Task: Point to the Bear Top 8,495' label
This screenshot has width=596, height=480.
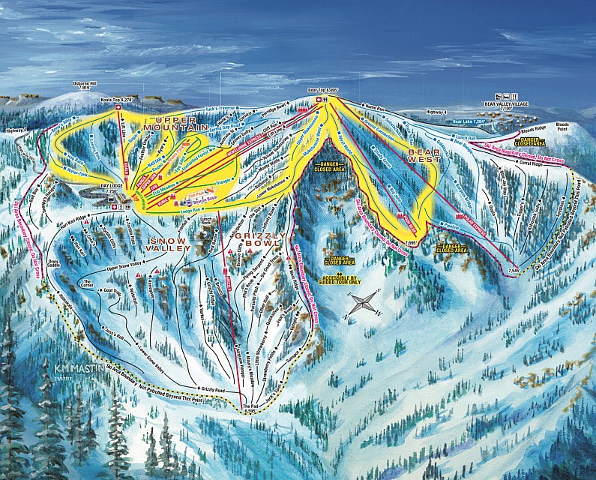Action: (324, 90)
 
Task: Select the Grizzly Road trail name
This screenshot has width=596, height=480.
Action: (211, 389)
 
